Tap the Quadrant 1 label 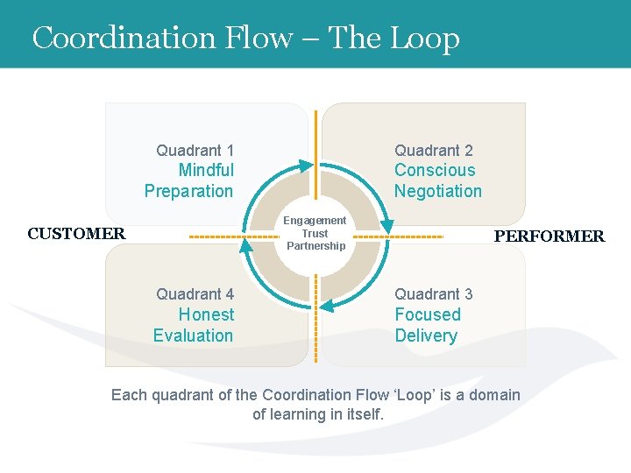tap(195, 151)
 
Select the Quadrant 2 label tap(433, 151)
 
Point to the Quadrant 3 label tap(433, 294)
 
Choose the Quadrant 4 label tap(195, 294)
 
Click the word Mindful tap(206, 171)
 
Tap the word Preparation tap(188, 191)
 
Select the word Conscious tap(435, 171)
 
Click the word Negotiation tap(437, 191)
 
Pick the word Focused tap(427, 314)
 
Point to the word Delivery tap(425, 335)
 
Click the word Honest tap(206, 314)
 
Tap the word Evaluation tap(193, 335)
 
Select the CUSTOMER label tap(76, 234)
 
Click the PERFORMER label tap(549, 236)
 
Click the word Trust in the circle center tap(315, 233)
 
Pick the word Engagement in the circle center tap(315, 221)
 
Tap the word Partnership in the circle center tap(315, 246)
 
